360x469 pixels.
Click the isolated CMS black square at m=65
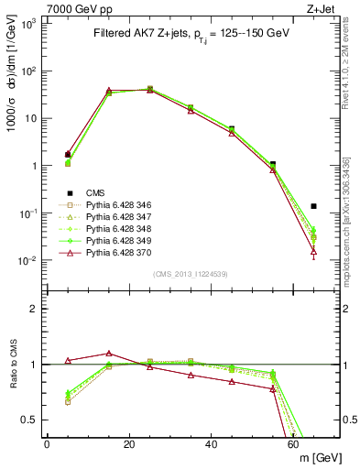click(x=314, y=206)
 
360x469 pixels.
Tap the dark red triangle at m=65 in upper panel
click(x=314, y=250)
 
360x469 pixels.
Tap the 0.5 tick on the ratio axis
click(x=31, y=420)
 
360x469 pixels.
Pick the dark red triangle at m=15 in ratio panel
click(x=109, y=353)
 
